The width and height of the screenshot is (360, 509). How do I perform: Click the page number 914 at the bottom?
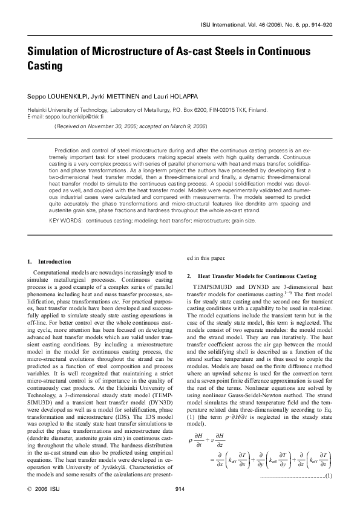pos(180,489)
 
